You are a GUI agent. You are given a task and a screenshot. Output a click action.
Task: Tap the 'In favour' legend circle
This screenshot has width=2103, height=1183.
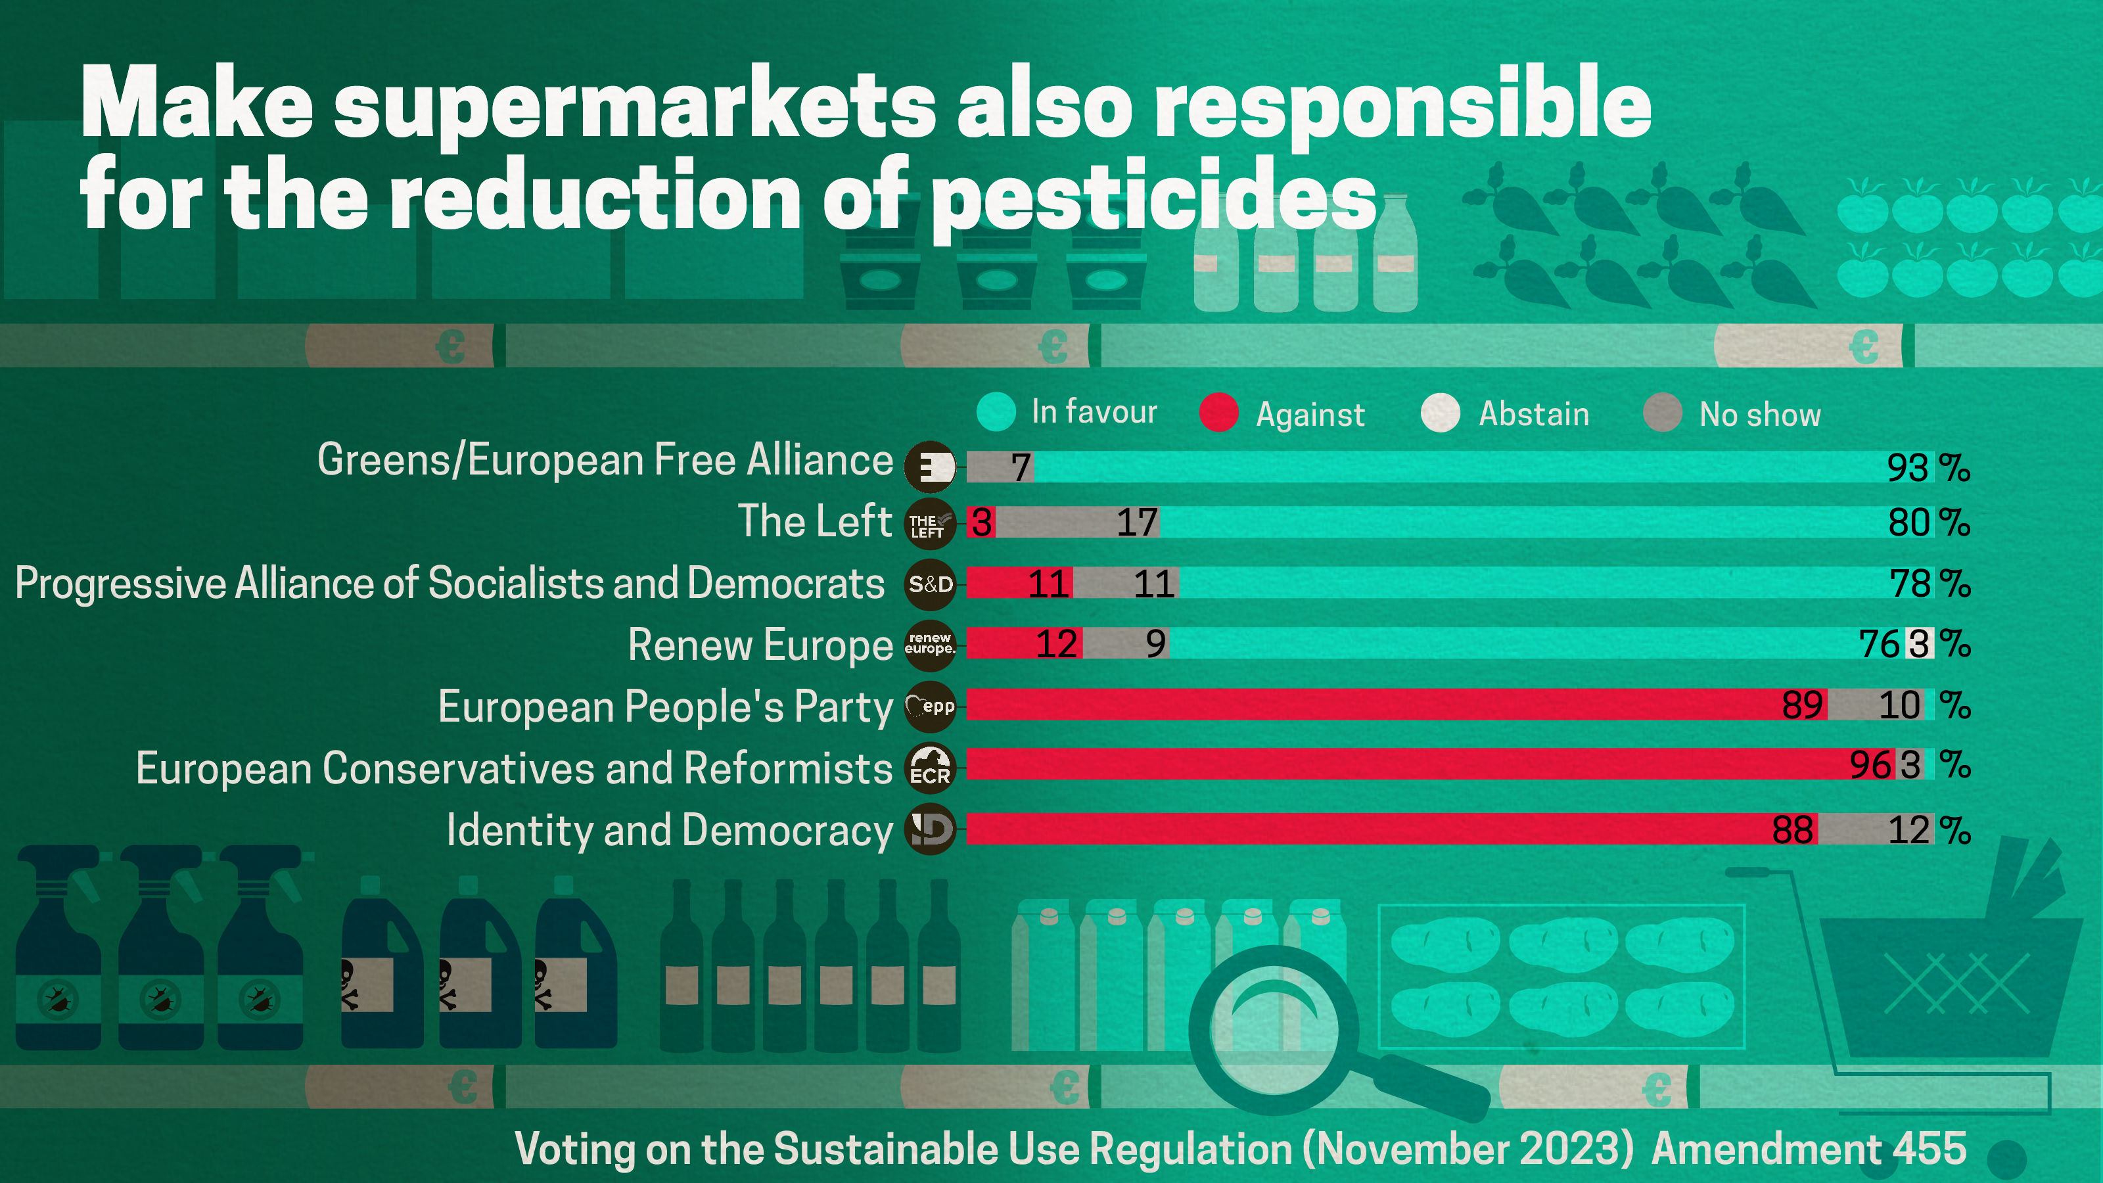(x=996, y=411)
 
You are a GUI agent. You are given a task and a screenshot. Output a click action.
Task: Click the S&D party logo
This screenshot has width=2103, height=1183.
(x=930, y=584)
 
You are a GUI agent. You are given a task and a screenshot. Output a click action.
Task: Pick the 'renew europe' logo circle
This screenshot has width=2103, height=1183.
(x=930, y=644)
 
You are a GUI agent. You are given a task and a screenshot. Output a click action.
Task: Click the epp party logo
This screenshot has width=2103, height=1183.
(x=930, y=707)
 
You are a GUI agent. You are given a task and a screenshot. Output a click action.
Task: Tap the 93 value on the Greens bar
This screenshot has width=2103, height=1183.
(x=1907, y=468)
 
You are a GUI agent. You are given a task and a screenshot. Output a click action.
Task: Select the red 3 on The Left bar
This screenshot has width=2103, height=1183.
(x=981, y=522)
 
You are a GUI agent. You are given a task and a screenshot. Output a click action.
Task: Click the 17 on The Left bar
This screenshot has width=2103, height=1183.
(x=1136, y=522)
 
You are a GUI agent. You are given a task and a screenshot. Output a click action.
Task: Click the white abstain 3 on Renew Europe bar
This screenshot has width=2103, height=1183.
(x=1919, y=644)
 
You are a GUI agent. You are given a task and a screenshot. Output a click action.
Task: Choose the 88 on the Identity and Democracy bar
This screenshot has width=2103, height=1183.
(x=1792, y=830)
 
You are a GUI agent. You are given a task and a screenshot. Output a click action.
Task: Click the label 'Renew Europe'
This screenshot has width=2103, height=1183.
(x=760, y=645)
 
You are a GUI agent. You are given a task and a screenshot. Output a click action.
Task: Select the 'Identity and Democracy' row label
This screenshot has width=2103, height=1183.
(x=670, y=830)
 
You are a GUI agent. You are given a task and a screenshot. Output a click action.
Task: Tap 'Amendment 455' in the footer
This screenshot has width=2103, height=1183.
(x=1809, y=1149)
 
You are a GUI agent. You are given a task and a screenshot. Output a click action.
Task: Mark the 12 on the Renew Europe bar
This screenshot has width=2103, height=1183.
(x=1055, y=644)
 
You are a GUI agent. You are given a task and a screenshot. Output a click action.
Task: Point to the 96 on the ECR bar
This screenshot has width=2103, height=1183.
(x=1870, y=766)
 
